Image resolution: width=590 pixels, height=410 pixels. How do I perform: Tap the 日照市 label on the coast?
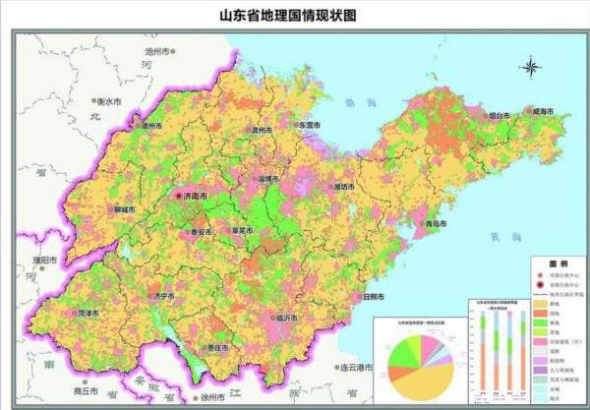click(374, 295)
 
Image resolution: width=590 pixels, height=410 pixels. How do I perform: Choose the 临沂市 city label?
click(289, 318)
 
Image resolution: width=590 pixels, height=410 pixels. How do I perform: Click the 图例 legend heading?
click(558, 264)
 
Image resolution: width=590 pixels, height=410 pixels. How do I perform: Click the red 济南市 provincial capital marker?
click(179, 197)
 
